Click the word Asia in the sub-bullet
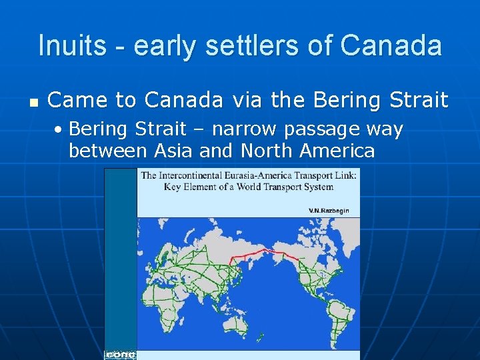[174, 151]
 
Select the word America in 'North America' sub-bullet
[337, 151]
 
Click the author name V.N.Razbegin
[328, 211]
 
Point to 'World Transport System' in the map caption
[287, 187]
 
